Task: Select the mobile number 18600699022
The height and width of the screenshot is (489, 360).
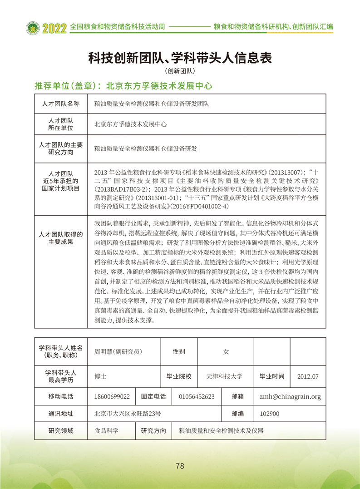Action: point(112,396)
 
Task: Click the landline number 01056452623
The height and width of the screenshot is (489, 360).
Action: point(197,396)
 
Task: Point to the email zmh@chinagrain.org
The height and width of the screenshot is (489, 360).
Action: point(290,396)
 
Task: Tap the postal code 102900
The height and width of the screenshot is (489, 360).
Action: point(269,414)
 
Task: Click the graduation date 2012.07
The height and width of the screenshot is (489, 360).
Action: point(308,376)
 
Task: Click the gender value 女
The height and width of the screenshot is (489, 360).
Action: point(226,351)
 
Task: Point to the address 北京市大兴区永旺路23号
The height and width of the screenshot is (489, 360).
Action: point(128,414)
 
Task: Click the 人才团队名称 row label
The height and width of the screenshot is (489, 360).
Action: point(61,104)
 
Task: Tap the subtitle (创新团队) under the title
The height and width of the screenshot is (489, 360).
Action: point(180,71)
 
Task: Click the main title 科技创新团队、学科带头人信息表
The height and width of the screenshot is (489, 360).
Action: point(180,58)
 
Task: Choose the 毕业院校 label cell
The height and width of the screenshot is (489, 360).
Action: point(179,376)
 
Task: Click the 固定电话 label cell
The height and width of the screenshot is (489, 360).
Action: point(153,396)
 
